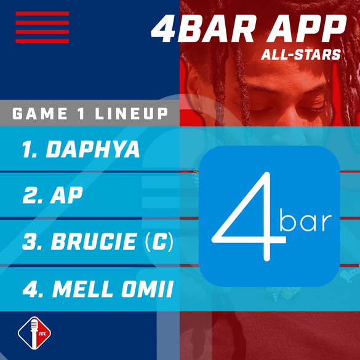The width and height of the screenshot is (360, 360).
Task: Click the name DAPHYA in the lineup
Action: point(94,150)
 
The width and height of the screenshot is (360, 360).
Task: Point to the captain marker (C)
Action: point(159,242)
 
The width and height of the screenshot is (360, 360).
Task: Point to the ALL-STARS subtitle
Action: point(300,55)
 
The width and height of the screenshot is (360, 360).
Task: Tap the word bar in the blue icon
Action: point(305,220)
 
